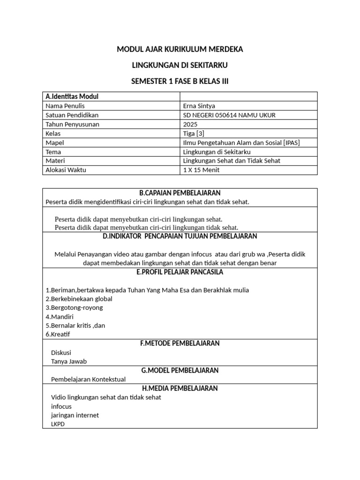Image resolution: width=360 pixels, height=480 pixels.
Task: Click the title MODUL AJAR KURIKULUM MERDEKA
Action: (180, 49)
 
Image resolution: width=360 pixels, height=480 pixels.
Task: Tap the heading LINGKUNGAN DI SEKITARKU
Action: (180, 65)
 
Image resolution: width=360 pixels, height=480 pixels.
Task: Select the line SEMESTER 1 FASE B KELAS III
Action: (180, 82)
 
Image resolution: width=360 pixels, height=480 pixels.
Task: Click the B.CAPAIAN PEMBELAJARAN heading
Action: (180, 193)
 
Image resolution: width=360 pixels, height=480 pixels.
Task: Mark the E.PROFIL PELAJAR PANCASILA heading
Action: (180, 272)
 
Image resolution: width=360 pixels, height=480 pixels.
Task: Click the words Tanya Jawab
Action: (69, 361)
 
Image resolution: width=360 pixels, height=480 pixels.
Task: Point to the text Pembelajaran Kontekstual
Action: (88, 379)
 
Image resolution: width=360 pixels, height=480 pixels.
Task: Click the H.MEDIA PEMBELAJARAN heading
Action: (180, 388)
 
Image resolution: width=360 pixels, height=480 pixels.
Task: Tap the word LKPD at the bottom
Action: (58, 424)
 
